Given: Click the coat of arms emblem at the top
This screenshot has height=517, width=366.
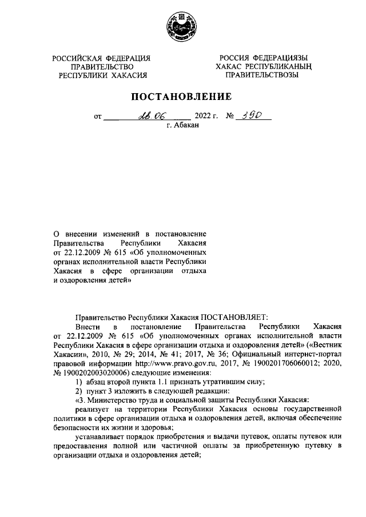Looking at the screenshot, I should click(x=182, y=26).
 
